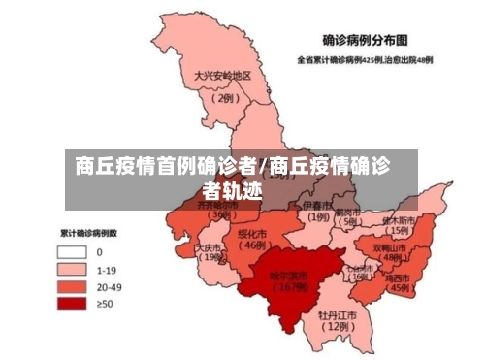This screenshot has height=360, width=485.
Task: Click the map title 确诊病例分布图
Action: pyautogui.click(x=365, y=42)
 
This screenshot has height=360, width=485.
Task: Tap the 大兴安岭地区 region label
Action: pyautogui.click(x=222, y=76)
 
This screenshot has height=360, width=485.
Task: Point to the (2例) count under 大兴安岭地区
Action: pyautogui.click(x=224, y=97)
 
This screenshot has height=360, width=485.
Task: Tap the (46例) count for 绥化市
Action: pyautogui.click(x=254, y=246)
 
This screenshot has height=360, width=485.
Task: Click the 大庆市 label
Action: pyautogui.click(x=209, y=248)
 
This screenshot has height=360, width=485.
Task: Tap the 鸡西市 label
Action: pyautogui.click(x=398, y=277)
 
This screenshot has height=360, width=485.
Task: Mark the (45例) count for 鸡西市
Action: pyautogui.click(x=399, y=288)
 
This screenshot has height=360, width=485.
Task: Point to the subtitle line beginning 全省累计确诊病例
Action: pyautogui.click(x=366, y=59)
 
